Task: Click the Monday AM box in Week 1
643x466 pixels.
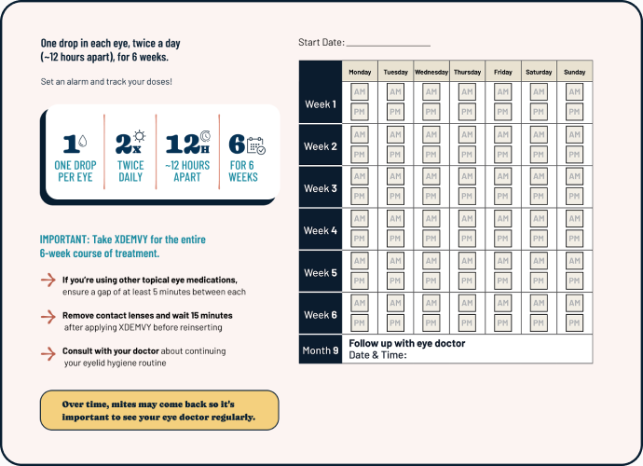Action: coord(360,92)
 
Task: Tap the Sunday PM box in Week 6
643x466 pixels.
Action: coord(574,323)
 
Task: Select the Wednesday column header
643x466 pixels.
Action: coord(431,72)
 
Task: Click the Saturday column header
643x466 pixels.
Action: coord(539,72)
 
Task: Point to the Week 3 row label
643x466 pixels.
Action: coord(321,188)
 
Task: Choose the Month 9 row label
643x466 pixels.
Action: coord(321,349)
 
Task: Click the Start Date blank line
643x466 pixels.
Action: coord(388,44)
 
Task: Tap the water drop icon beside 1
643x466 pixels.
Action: coord(82,143)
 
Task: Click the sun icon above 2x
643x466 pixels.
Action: coord(139,136)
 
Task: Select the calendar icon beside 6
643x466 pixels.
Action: coord(254,144)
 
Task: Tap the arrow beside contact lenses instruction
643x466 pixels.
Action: coord(48,317)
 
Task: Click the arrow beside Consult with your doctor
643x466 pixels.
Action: coord(48,353)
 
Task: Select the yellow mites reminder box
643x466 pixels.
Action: coord(159,411)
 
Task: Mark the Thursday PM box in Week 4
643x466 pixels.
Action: coord(467,240)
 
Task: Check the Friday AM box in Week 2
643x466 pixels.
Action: coord(502,135)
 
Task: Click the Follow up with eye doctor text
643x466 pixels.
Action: coord(406,343)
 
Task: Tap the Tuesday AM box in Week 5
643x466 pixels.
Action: coord(395,261)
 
